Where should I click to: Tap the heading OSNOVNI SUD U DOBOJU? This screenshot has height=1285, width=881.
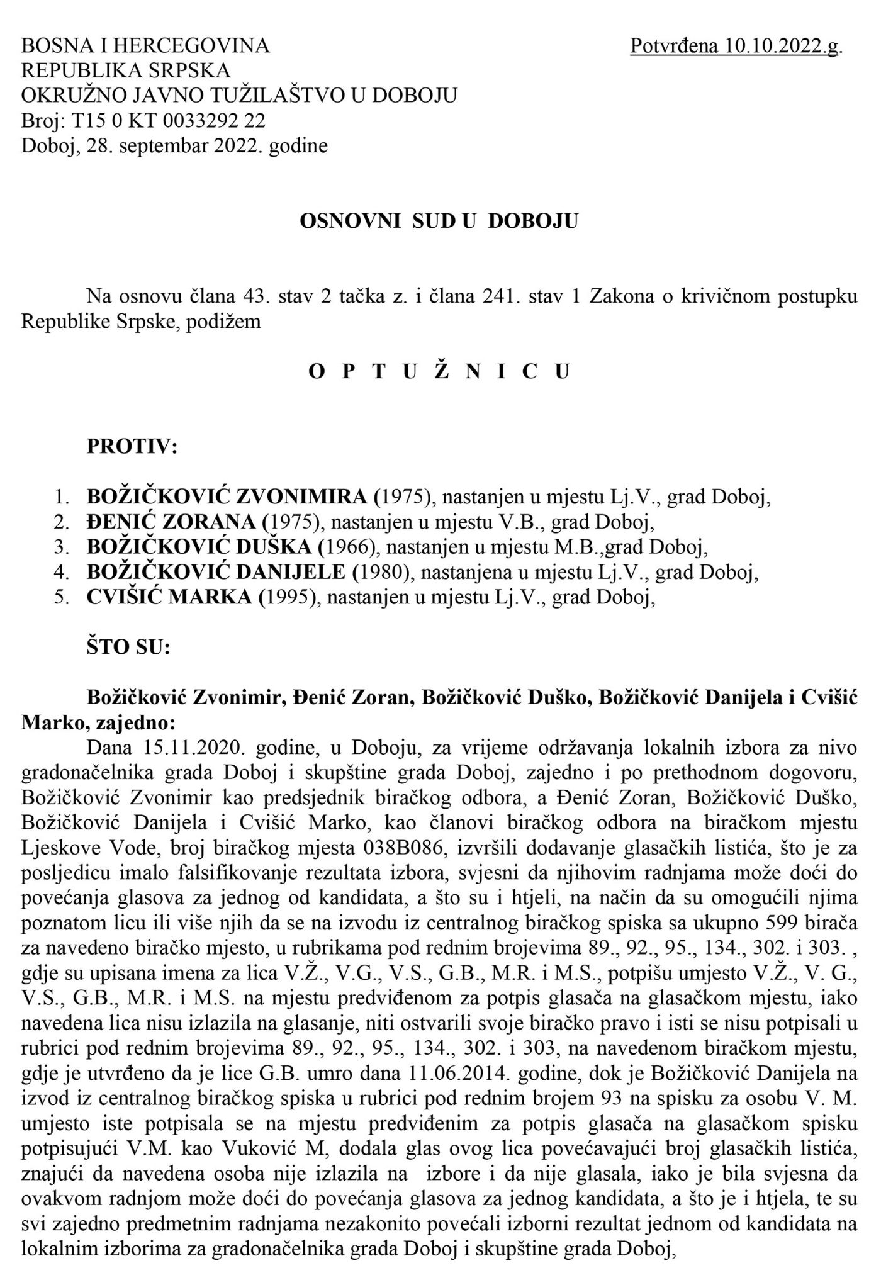coord(439,222)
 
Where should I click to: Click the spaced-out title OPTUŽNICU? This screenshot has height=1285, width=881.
coord(440,372)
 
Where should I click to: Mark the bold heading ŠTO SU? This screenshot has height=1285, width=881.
coord(128,648)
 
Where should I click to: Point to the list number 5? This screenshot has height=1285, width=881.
coord(62,598)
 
